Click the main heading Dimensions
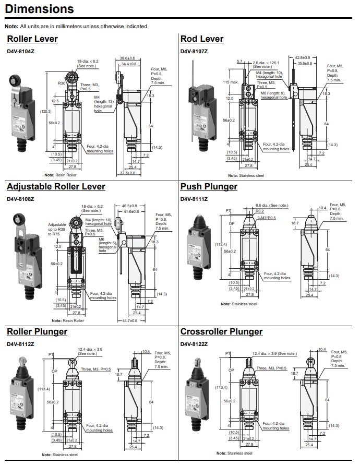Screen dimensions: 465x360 tap(39, 9)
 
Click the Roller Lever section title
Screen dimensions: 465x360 tap(32, 39)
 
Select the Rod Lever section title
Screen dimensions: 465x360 tap(202, 39)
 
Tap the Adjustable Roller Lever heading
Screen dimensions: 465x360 tap(56, 187)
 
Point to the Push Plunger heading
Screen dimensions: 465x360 tap(209, 187)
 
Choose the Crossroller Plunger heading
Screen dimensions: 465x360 tap(221, 332)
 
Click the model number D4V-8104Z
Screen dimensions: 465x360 tap(20, 52)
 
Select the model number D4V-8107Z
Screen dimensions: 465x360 tap(194, 52)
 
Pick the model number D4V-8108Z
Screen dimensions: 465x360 tap(20, 199)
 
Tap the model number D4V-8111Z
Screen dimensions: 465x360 tap(194, 199)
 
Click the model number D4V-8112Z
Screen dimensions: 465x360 tap(20, 344)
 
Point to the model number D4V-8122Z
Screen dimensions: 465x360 tap(194, 344)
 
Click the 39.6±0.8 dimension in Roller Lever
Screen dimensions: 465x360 tap(127, 58)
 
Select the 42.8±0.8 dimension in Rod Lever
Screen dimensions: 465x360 tap(302, 57)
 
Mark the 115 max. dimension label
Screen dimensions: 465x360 tap(230, 82)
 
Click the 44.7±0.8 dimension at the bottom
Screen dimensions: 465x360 tap(129, 320)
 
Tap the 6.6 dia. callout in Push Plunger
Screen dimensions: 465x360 tap(271, 206)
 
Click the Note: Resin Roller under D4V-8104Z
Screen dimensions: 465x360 tap(61, 175)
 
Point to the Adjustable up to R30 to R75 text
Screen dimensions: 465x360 tap(57, 229)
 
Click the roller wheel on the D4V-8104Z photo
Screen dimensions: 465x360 tap(13, 81)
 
